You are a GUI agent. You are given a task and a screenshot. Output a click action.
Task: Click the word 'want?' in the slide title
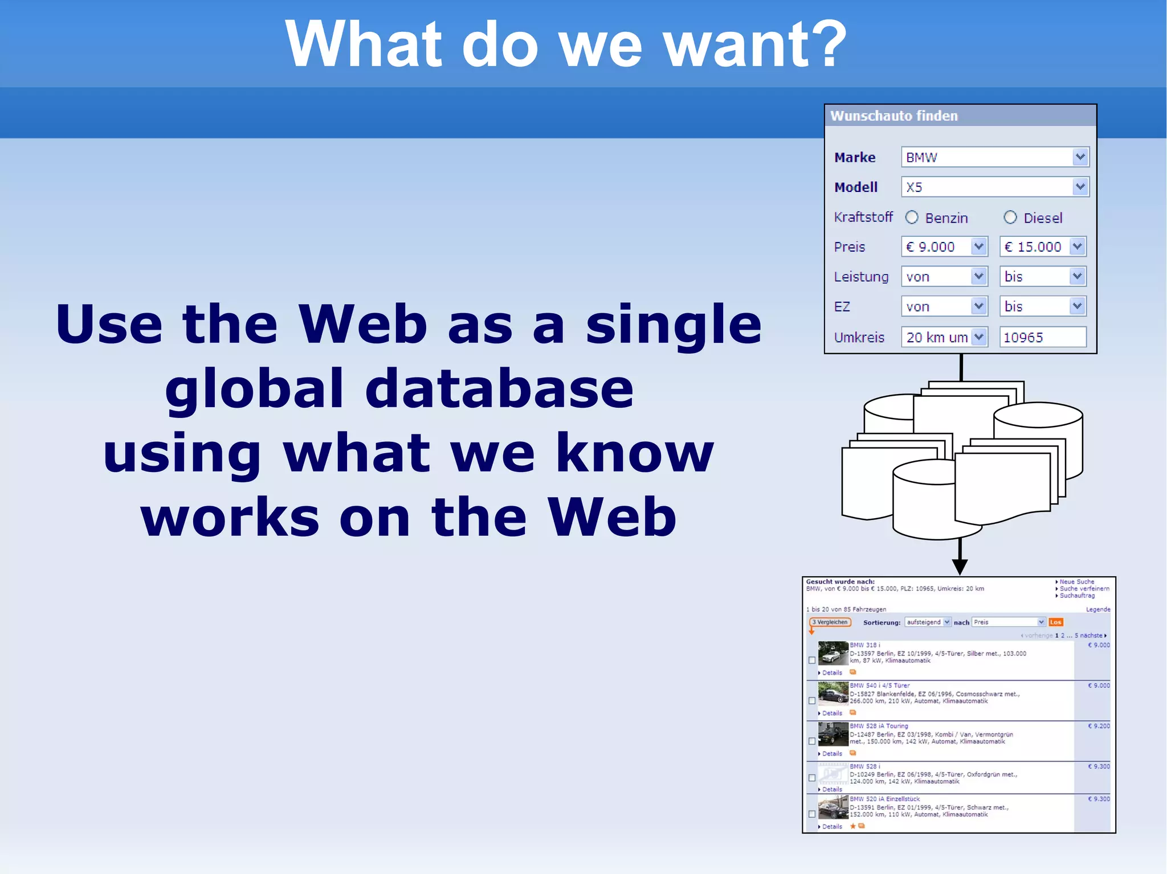pyautogui.click(x=756, y=44)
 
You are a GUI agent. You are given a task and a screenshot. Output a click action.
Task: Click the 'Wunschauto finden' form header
pyautogui.click(x=893, y=116)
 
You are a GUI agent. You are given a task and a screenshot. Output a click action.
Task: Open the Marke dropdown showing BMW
pyautogui.click(x=994, y=157)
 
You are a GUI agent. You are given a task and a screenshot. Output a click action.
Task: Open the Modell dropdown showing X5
pyautogui.click(x=994, y=187)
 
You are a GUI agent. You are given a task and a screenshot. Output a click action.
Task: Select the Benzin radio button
pyautogui.click(x=912, y=218)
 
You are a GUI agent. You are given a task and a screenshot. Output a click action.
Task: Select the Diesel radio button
pyautogui.click(x=1010, y=218)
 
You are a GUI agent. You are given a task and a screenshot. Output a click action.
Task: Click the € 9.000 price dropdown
pyautogui.click(x=944, y=247)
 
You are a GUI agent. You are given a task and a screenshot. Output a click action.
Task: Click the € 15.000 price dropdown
pyautogui.click(x=1042, y=247)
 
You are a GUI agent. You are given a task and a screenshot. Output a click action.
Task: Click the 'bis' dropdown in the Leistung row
pyautogui.click(x=1042, y=277)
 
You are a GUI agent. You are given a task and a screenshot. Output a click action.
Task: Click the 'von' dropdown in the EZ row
pyautogui.click(x=944, y=307)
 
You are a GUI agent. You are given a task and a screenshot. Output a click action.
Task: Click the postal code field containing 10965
pyautogui.click(x=1042, y=337)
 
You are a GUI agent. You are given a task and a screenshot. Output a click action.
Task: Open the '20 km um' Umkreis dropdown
pyautogui.click(x=944, y=337)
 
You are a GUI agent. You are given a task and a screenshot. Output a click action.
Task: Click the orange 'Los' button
pyautogui.click(x=1055, y=622)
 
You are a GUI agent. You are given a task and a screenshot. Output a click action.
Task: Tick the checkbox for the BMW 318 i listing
pyautogui.click(x=812, y=660)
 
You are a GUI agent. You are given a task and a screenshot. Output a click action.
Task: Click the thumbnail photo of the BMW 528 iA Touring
pyautogui.click(x=833, y=735)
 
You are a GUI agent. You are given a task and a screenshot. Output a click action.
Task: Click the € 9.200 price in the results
pyautogui.click(x=1099, y=726)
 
